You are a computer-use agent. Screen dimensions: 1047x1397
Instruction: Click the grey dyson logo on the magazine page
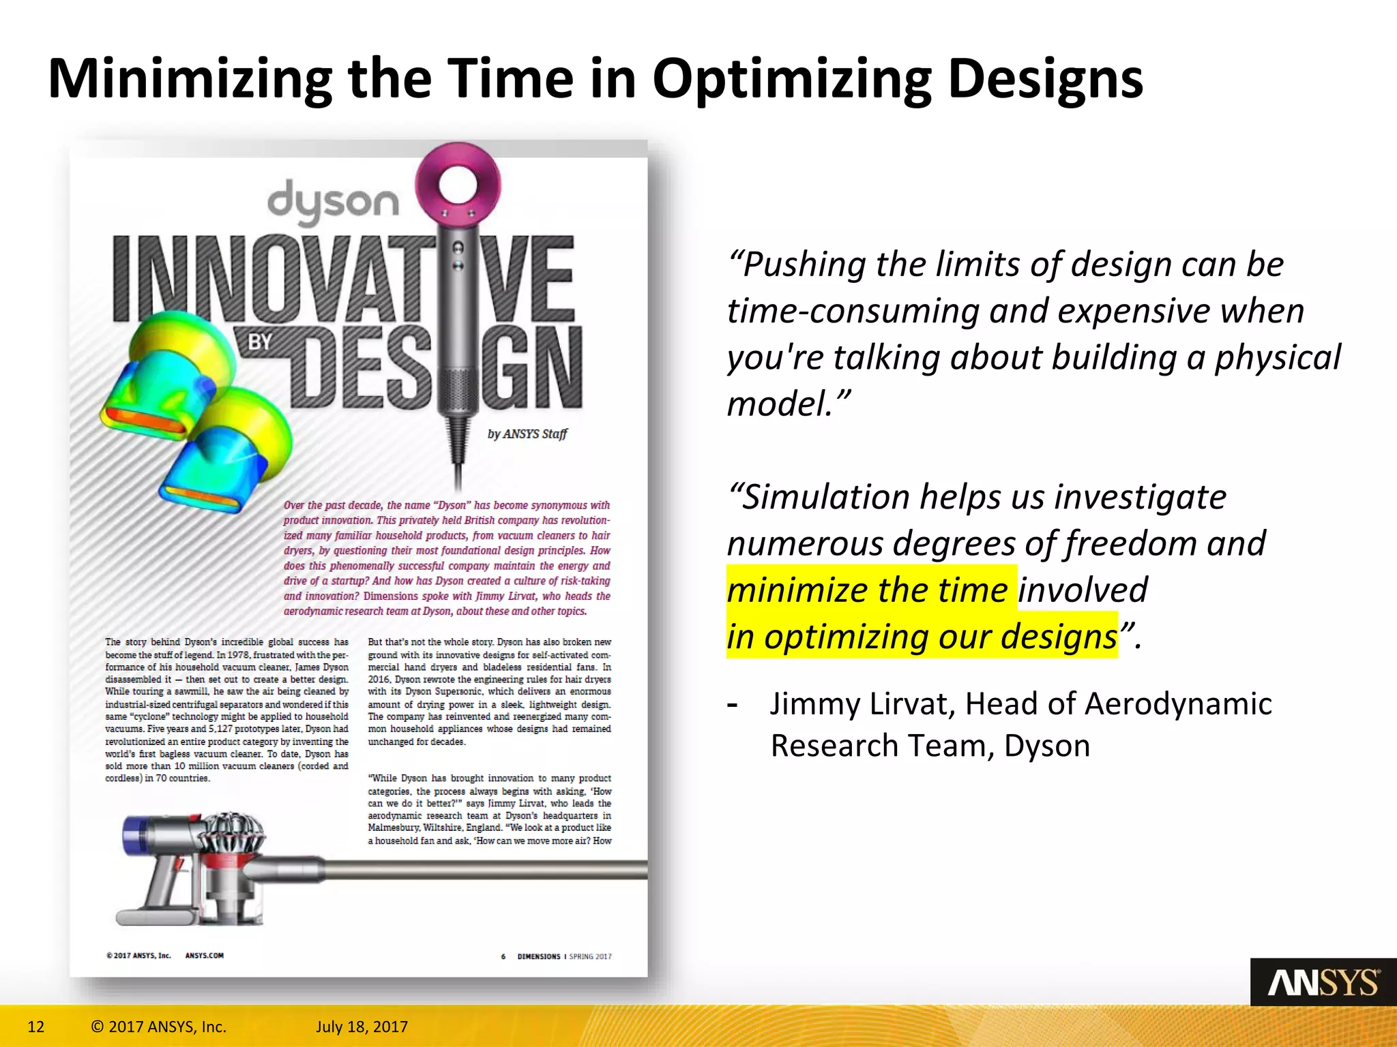pyautogui.click(x=334, y=202)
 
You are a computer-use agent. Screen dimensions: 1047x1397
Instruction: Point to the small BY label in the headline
pyautogui.click(x=260, y=342)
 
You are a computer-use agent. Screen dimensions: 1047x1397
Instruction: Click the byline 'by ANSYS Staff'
pyautogui.click(x=527, y=434)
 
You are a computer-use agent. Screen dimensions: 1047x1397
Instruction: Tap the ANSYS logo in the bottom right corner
pyautogui.click(x=1323, y=982)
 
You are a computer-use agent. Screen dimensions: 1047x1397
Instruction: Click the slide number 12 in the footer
pyautogui.click(x=35, y=1027)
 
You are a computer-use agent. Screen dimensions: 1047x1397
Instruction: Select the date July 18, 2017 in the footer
pyautogui.click(x=362, y=1027)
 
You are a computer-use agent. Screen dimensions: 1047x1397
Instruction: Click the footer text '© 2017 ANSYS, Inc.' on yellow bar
pyautogui.click(x=158, y=1027)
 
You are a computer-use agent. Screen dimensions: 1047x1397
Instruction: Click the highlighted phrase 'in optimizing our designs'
pyautogui.click(x=921, y=637)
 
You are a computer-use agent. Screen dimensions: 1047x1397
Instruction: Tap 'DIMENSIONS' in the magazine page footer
pyautogui.click(x=539, y=956)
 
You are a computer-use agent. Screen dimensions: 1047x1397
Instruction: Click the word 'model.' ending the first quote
pyautogui.click(x=789, y=404)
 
